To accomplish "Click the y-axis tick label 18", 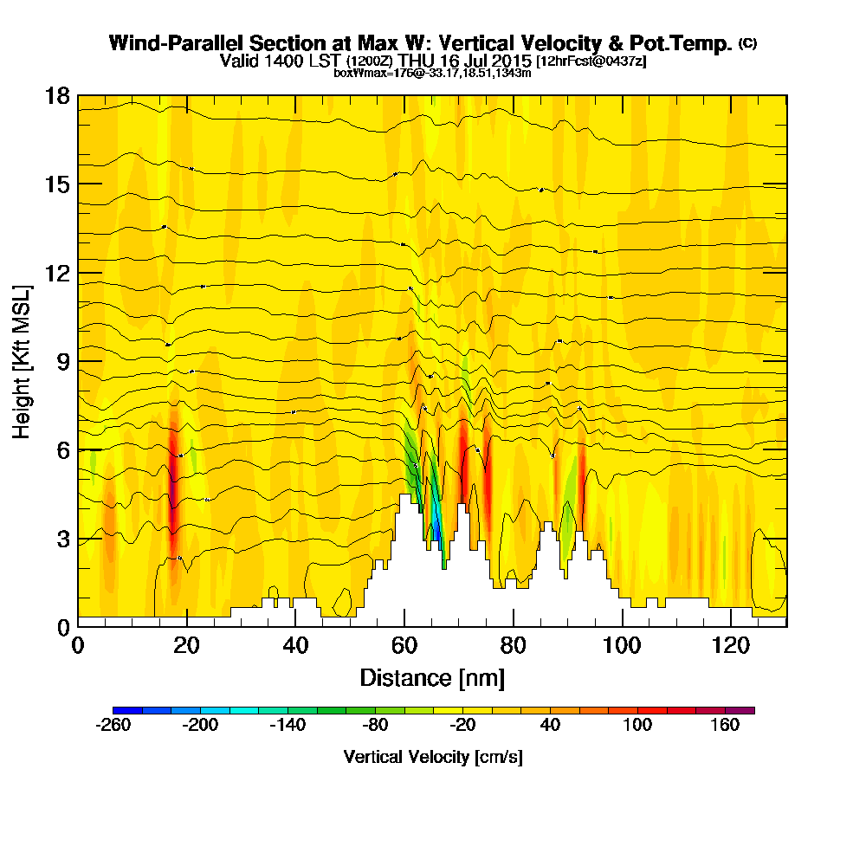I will click(x=57, y=95).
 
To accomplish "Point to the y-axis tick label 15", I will click(x=57, y=184).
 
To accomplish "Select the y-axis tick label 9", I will click(x=62, y=361).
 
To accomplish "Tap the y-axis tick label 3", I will click(x=62, y=539).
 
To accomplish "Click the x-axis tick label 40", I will click(x=295, y=645).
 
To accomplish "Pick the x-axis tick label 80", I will click(x=514, y=645).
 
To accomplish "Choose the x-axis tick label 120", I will click(x=731, y=645).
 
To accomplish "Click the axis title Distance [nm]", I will click(x=432, y=677).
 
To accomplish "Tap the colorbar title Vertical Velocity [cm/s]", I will click(x=433, y=757).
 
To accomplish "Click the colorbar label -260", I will click(x=113, y=726).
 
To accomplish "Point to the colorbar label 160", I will click(x=726, y=726).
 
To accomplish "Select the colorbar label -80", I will click(x=375, y=726).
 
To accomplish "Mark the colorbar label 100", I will click(x=638, y=726).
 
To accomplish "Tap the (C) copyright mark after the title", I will click(x=747, y=43).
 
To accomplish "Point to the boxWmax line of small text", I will click(x=432, y=73).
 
